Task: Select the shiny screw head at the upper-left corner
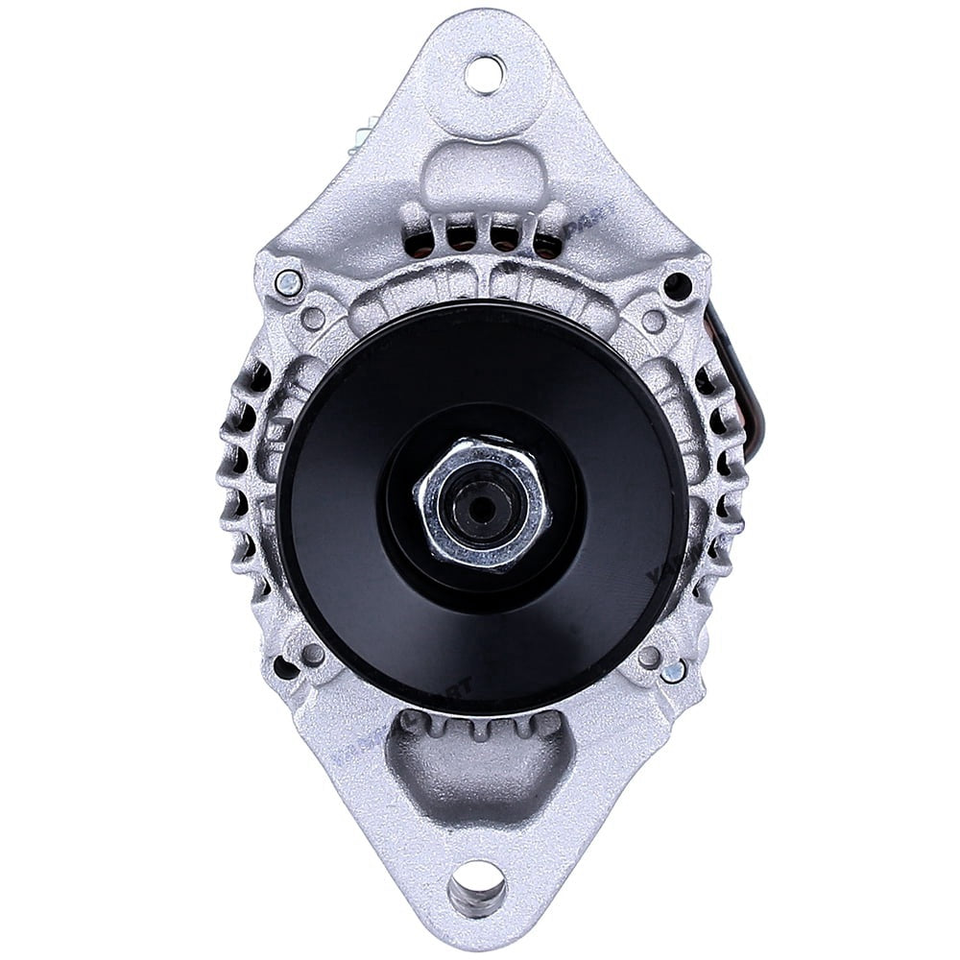pos(286,282)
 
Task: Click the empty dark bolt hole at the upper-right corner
pos(677,284)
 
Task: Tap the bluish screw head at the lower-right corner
pos(674,671)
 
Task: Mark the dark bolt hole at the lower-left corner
pos(284,665)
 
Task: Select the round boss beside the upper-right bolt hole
pos(654,321)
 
